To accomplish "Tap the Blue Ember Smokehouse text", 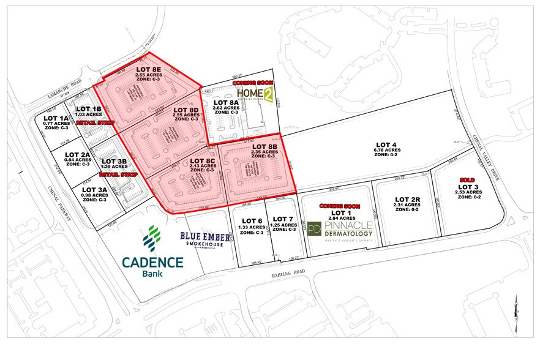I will (x=205, y=238).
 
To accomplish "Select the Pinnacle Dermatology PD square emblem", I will (x=314, y=230).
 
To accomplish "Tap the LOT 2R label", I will (x=407, y=199).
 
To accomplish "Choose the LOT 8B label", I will (x=264, y=147).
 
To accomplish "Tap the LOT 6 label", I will (x=252, y=220).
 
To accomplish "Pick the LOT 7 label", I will (x=283, y=219).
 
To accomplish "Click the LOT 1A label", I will (x=56, y=118).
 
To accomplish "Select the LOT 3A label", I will (x=95, y=190).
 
